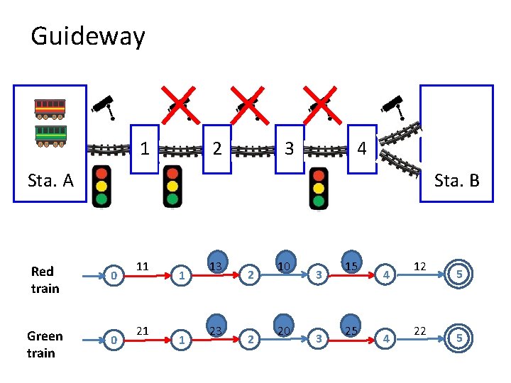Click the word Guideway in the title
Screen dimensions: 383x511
point(87,36)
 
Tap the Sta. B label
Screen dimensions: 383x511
point(456,180)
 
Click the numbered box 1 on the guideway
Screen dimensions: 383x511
point(145,149)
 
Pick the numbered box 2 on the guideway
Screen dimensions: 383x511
point(217,149)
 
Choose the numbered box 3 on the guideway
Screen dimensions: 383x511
point(290,149)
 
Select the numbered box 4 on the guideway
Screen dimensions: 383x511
point(362,149)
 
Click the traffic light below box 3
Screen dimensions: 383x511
point(319,188)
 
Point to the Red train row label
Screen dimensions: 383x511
point(45,279)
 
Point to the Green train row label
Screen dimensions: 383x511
point(45,344)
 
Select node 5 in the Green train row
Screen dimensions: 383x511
point(459,339)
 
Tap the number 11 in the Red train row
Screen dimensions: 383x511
point(143,267)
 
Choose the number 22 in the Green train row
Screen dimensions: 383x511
point(420,331)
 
